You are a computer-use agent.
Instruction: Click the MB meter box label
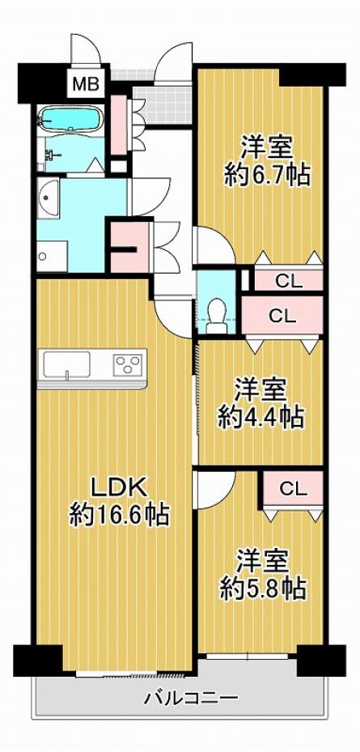(86, 85)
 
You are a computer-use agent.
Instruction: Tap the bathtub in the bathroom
(71, 118)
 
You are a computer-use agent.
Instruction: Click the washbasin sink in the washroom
(48, 198)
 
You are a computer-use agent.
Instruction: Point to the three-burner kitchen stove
(128, 365)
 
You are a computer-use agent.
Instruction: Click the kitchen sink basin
(67, 364)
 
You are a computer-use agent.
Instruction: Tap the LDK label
(118, 489)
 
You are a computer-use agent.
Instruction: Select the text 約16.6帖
(119, 516)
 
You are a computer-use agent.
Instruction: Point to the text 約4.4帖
(260, 416)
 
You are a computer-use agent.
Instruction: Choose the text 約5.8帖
(263, 588)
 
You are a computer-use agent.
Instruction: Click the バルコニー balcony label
(191, 697)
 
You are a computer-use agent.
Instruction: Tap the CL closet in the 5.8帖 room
(292, 489)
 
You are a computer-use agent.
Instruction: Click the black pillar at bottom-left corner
(38, 660)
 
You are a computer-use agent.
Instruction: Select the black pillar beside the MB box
(42, 83)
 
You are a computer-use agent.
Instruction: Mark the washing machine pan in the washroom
(52, 257)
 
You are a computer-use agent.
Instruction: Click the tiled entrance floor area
(162, 104)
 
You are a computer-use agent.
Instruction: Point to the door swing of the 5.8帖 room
(214, 489)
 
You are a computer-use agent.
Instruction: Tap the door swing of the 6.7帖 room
(214, 245)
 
